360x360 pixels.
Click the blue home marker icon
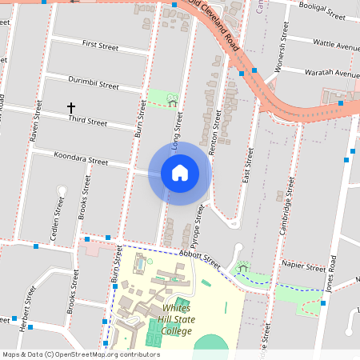(x=179, y=173)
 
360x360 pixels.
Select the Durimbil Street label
(x=94, y=84)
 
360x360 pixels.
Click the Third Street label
(x=88, y=122)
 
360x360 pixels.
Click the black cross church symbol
(x=70, y=107)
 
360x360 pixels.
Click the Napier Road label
(x=304, y=265)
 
